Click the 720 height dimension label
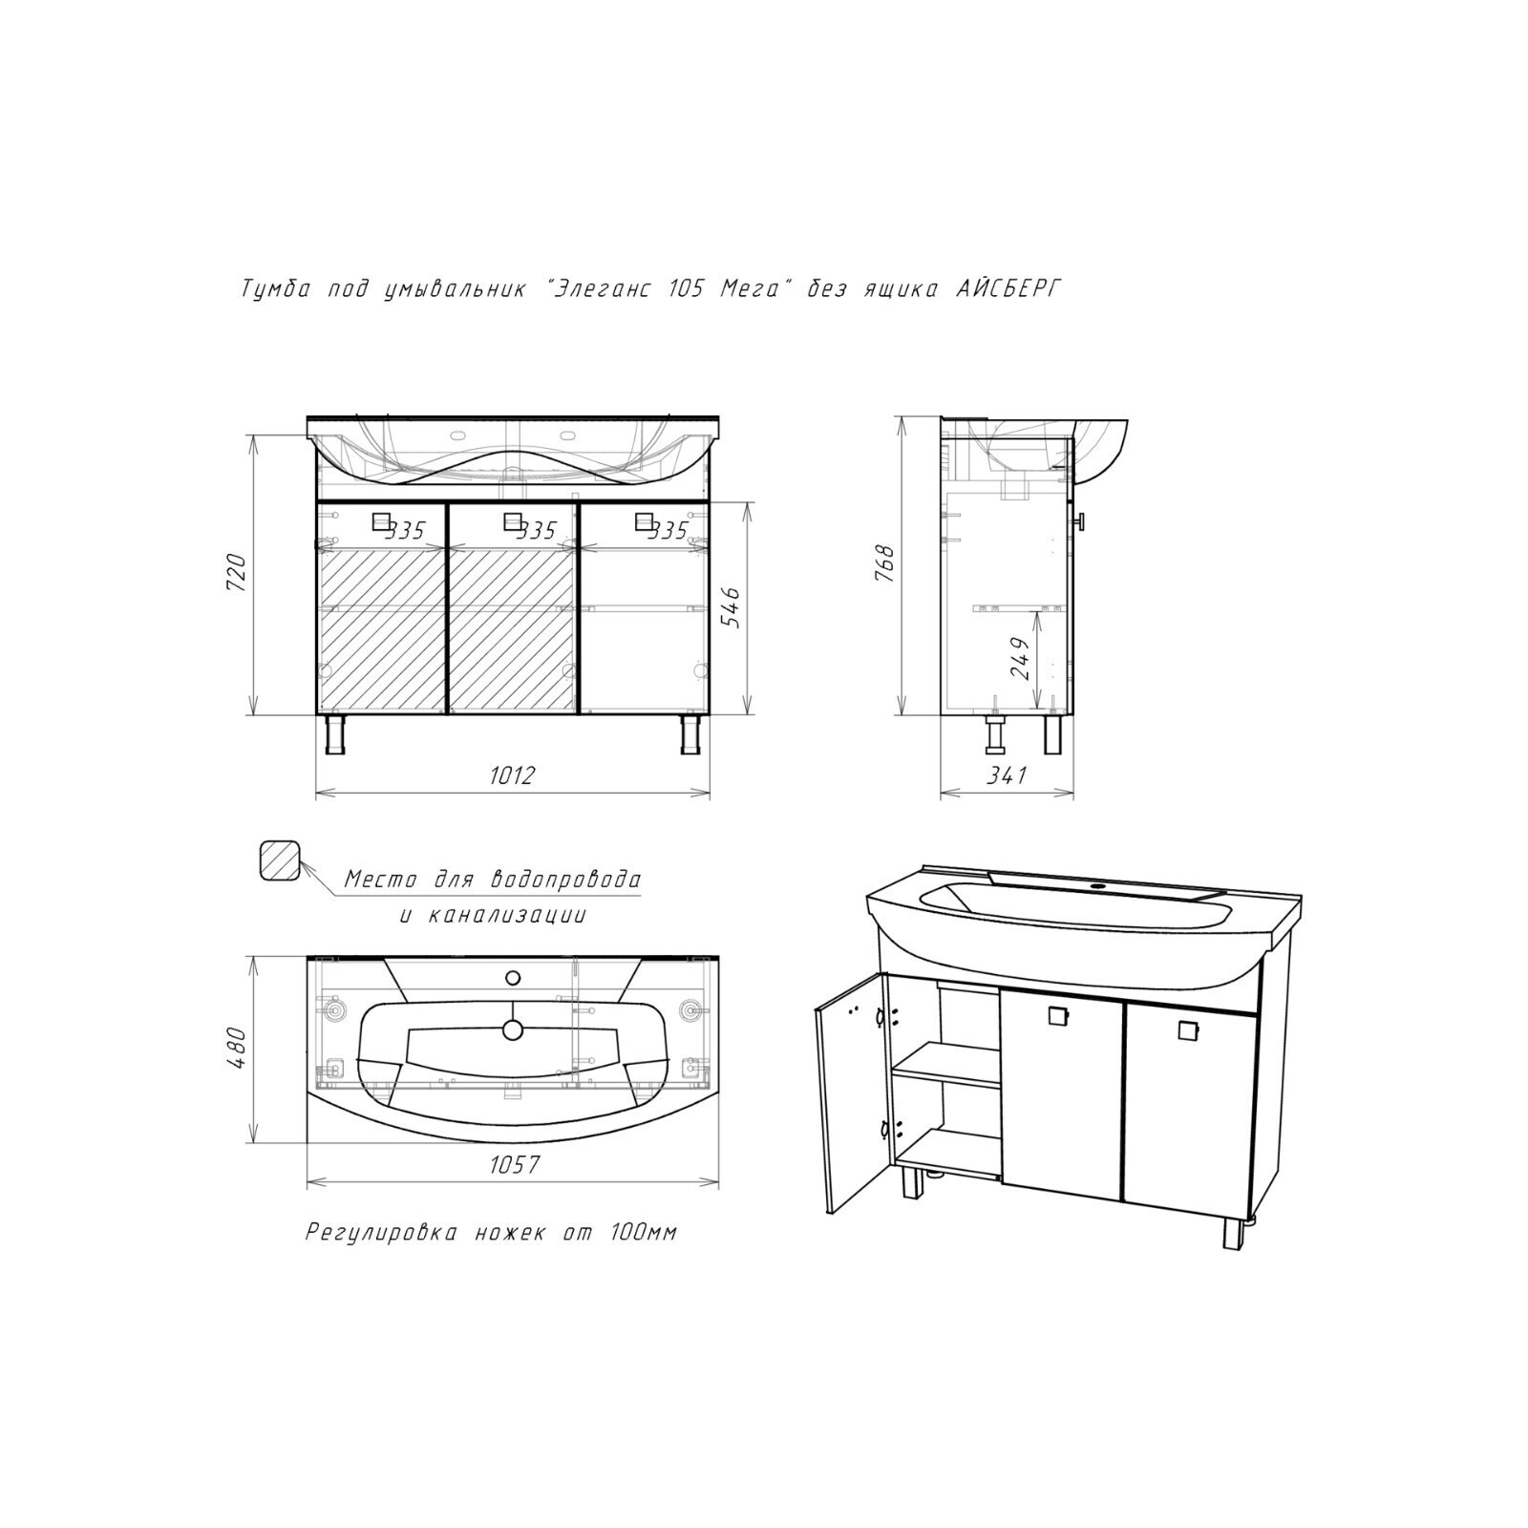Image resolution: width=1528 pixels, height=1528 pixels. (237, 574)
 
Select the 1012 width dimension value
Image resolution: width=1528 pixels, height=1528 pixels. (512, 775)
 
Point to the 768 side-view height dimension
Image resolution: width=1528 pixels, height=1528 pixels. (885, 564)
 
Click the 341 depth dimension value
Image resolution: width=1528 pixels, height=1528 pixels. (1007, 775)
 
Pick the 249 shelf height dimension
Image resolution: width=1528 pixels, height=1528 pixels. (1020, 658)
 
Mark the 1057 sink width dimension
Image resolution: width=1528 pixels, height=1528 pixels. (515, 1164)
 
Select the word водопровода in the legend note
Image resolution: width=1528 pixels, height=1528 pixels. (566, 879)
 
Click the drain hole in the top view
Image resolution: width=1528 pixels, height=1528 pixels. (513, 1029)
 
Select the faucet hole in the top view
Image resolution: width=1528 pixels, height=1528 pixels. (513, 977)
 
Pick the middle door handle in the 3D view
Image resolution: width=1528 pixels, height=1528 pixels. (1056, 1016)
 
